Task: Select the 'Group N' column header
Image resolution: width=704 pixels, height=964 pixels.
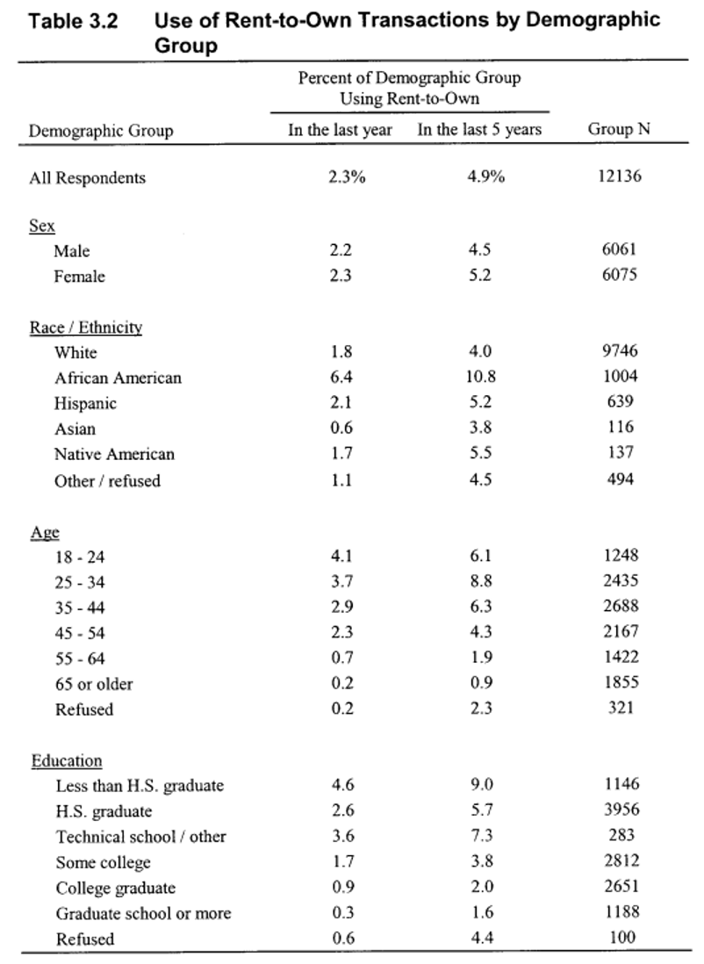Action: tap(619, 130)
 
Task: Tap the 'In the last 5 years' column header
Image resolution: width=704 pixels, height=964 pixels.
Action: tap(479, 130)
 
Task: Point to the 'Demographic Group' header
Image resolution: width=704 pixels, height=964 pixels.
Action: tap(101, 131)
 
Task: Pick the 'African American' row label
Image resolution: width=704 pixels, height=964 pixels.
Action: tap(118, 378)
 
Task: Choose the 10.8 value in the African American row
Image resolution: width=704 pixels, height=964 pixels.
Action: tap(480, 378)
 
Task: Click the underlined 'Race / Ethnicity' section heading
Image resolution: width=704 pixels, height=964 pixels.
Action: tap(86, 327)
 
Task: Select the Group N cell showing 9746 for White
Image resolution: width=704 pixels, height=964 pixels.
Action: tap(621, 352)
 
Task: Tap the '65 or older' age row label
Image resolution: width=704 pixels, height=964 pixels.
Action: tap(94, 684)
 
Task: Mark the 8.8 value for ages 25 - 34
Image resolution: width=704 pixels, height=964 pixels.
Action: tap(480, 581)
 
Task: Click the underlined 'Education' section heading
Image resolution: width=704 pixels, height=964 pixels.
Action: tap(67, 761)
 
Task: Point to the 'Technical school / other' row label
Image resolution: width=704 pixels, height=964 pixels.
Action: tap(140, 837)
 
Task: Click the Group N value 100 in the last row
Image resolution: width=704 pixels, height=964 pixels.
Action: tap(622, 938)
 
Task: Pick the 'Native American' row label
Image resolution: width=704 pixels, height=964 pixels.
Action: tap(114, 455)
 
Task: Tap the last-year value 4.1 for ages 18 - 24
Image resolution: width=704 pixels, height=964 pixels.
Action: tap(341, 556)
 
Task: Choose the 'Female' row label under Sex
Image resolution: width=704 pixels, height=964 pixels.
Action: tap(79, 277)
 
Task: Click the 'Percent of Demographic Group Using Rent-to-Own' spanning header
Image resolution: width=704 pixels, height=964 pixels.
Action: tap(409, 88)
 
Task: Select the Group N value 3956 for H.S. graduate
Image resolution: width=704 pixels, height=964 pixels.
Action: tap(621, 810)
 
